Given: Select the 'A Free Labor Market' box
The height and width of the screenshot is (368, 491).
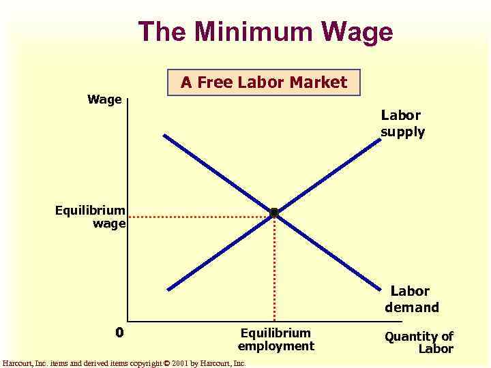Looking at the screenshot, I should coord(264,83).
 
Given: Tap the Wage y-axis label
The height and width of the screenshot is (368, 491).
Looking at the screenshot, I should coord(104,100).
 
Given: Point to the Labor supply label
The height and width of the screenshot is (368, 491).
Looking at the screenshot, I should coord(402,124).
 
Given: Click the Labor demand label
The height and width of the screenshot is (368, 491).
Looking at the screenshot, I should coord(411,299).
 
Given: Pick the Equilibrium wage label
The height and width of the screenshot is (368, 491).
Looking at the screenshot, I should coord(91,217).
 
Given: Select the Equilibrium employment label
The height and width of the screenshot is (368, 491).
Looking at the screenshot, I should coord(276,339).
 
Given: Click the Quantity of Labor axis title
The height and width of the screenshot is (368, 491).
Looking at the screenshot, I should coord(419,342).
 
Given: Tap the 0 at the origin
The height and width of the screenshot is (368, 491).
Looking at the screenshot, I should coord(119,333).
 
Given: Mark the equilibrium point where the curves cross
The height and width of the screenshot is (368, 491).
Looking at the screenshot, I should coord(274,213).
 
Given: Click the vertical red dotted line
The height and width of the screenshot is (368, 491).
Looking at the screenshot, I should coord(274,273).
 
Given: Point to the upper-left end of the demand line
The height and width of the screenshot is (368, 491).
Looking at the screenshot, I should coord(165,136).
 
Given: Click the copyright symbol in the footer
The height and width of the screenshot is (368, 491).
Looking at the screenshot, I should coord(166,364).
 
